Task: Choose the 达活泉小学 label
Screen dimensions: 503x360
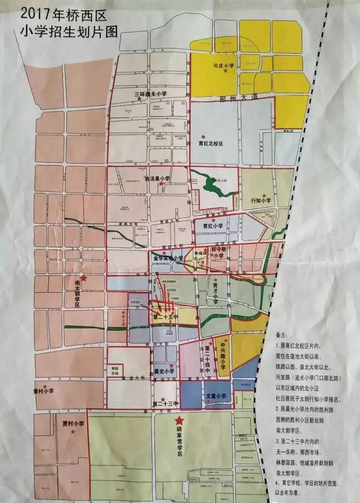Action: click(x=158, y=179)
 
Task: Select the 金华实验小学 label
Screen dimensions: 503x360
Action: click(x=168, y=258)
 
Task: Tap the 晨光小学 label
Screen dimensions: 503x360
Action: click(x=164, y=371)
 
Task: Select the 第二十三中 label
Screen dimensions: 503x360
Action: click(x=165, y=404)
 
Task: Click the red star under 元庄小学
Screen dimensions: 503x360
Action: click(x=225, y=71)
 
